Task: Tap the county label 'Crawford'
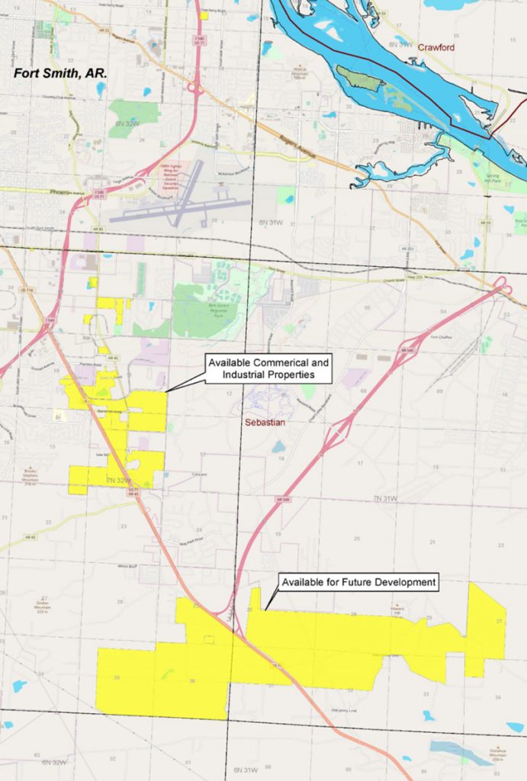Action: coord(436,47)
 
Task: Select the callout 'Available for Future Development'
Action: coord(358,583)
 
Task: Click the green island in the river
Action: coord(362,79)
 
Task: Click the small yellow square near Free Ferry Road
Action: coord(204,14)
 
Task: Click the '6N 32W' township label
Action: coord(56,762)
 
